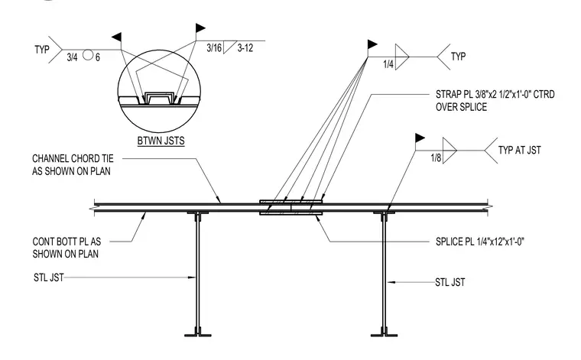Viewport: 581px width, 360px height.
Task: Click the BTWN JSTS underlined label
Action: (161, 141)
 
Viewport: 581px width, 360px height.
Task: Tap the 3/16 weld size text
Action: (214, 48)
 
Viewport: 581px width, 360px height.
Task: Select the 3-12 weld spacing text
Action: (245, 48)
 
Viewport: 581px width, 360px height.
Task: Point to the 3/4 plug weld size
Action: (73, 57)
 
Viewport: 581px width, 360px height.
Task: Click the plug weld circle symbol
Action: (87, 55)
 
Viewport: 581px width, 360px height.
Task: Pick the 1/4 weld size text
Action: (388, 64)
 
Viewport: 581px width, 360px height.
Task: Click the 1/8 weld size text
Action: (436, 158)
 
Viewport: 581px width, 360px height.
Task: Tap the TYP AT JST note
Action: (520, 151)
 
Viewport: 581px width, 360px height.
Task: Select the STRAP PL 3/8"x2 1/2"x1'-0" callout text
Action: (495, 95)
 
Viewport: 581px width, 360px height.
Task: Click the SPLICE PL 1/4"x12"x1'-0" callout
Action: (480, 242)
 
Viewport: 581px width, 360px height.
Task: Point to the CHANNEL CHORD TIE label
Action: (73, 158)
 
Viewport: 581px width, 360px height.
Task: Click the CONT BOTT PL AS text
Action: (67, 242)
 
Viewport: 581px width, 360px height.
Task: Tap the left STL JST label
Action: (48, 277)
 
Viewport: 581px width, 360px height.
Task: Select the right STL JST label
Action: (450, 283)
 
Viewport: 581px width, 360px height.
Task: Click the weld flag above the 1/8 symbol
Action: (420, 138)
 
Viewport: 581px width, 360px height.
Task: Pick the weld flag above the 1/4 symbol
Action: (372, 44)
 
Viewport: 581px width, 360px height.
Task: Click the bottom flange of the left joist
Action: (198, 335)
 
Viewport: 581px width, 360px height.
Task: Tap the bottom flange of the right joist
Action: (385, 335)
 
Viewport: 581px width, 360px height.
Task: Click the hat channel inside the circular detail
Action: (159, 98)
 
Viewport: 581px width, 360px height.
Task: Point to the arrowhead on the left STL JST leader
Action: (192, 277)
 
